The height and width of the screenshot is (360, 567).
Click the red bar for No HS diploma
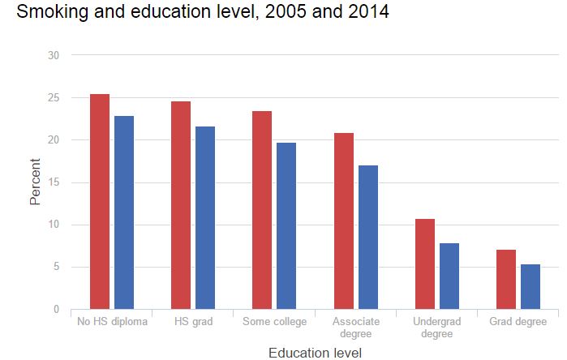[x=100, y=202]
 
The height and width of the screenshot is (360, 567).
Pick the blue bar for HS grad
[x=205, y=218]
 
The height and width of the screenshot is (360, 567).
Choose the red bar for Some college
[x=262, y=210]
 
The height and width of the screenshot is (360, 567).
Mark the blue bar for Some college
[x=286, y=226]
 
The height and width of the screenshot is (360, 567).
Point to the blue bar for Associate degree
[x=368, y=238]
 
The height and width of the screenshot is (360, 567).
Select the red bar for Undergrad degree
[x=425, y=264]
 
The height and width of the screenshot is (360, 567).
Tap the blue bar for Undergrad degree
[x=449, y=276]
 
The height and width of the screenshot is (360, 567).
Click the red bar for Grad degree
[x=506, y=280]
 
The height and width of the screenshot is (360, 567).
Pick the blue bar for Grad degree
[x=530, y=287]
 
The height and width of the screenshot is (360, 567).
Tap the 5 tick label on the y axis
[x=56, y=267]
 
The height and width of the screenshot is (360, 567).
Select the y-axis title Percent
[x=36, y=182]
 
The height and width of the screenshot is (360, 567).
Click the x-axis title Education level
[x=316, y=352]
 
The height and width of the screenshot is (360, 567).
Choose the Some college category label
[x=274, y=322]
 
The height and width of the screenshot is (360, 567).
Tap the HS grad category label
[x=193, y=322]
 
